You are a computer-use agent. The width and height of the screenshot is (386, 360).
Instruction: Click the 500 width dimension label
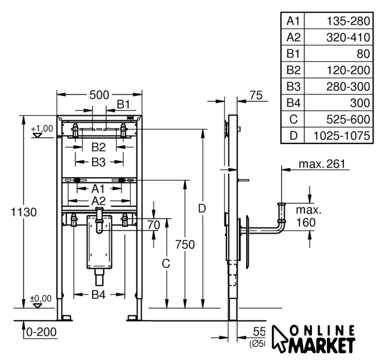point(99,94)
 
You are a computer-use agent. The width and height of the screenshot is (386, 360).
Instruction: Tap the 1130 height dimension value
point(23,212)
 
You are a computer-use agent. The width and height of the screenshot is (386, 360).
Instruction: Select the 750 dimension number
point(184,245)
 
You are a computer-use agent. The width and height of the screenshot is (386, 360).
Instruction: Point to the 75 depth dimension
point(256,96)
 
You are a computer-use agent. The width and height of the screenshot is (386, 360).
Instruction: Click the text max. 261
point(323,164)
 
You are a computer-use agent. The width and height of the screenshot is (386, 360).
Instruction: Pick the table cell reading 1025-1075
point(342,136)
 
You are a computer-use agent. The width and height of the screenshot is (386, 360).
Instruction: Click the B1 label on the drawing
point(123,104)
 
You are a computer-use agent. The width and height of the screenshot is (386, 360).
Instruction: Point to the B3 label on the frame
point(98,162)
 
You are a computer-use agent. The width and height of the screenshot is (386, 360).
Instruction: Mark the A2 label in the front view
point(98,201)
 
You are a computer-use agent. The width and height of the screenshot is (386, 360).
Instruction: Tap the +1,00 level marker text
point(42,128)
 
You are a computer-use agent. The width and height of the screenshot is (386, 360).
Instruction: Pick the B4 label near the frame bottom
point(98,294)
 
